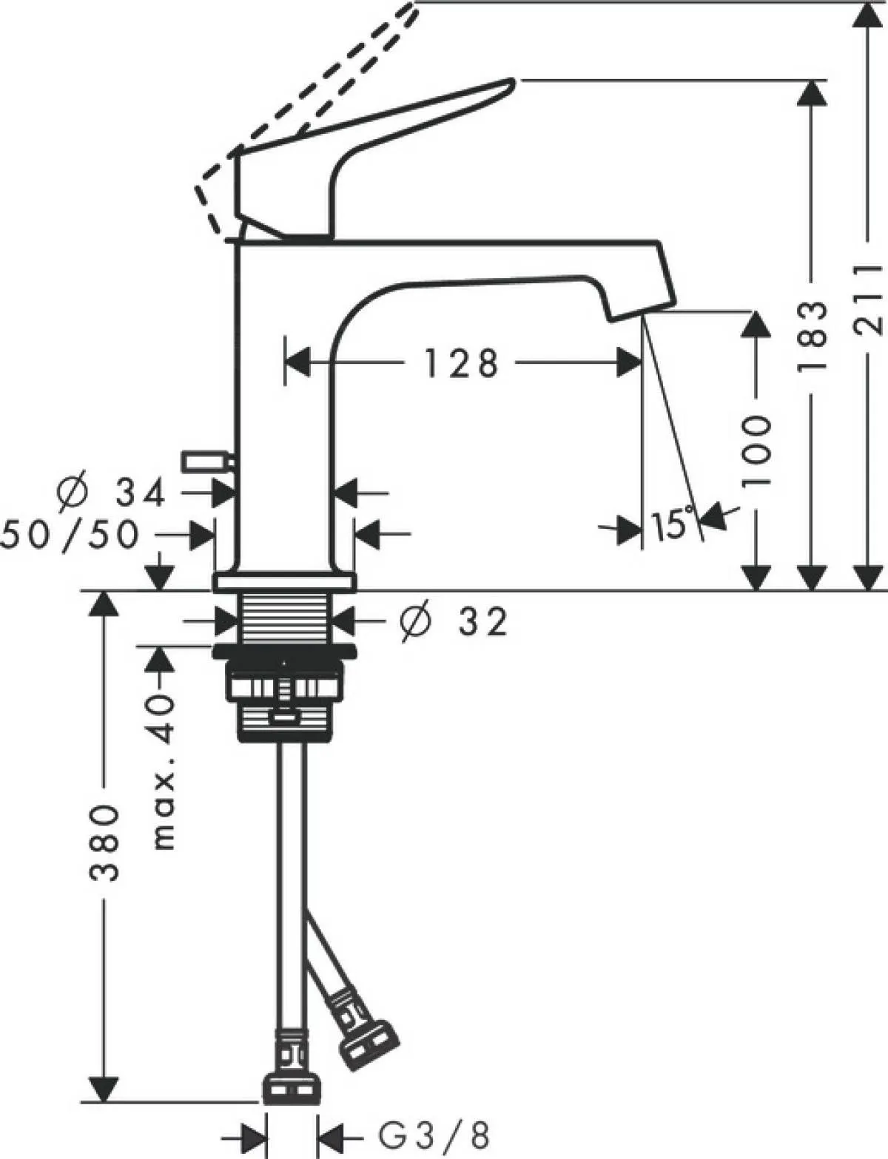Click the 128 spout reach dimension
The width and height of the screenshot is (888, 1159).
[x=461, y=363]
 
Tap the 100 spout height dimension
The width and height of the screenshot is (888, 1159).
[x=756, y=450]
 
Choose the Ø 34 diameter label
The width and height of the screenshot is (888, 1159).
[x=111, y=493]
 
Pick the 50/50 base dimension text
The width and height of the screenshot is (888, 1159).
[x=70, y=534]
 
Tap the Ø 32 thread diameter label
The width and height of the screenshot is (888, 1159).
[x=453, y=622]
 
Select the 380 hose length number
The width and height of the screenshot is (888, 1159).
[x=104, y=842]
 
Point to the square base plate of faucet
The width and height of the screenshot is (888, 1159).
[x=284, y=582]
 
